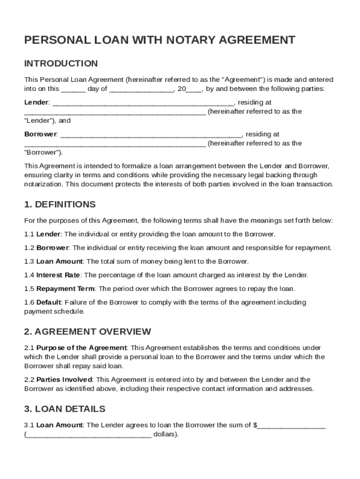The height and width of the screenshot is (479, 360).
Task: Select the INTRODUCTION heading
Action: click(61, 64)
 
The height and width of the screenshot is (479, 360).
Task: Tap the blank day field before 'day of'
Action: click(73, 89)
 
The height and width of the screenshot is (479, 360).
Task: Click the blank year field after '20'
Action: click(194, 89)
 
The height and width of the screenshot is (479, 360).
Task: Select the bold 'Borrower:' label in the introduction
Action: click(41, 134)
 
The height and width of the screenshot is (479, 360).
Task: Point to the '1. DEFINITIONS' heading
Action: click(60, 204)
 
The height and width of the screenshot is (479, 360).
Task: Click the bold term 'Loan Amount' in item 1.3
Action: click(59, 261)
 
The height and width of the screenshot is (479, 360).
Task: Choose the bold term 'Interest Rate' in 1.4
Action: click(58, 275)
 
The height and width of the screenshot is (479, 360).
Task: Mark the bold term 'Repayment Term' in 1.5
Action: click(65, 289)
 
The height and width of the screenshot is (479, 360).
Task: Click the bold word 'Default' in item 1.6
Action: click(49, 302)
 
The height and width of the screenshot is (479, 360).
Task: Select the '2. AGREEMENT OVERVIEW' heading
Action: click(87, 332)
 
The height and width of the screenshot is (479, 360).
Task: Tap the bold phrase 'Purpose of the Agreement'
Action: click(81, 348)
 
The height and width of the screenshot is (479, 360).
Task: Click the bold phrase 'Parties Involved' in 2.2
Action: click(65, 379)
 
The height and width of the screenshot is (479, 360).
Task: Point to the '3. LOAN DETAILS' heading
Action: click(65, 409)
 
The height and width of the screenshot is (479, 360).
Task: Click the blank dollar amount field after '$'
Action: click(291, 426)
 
